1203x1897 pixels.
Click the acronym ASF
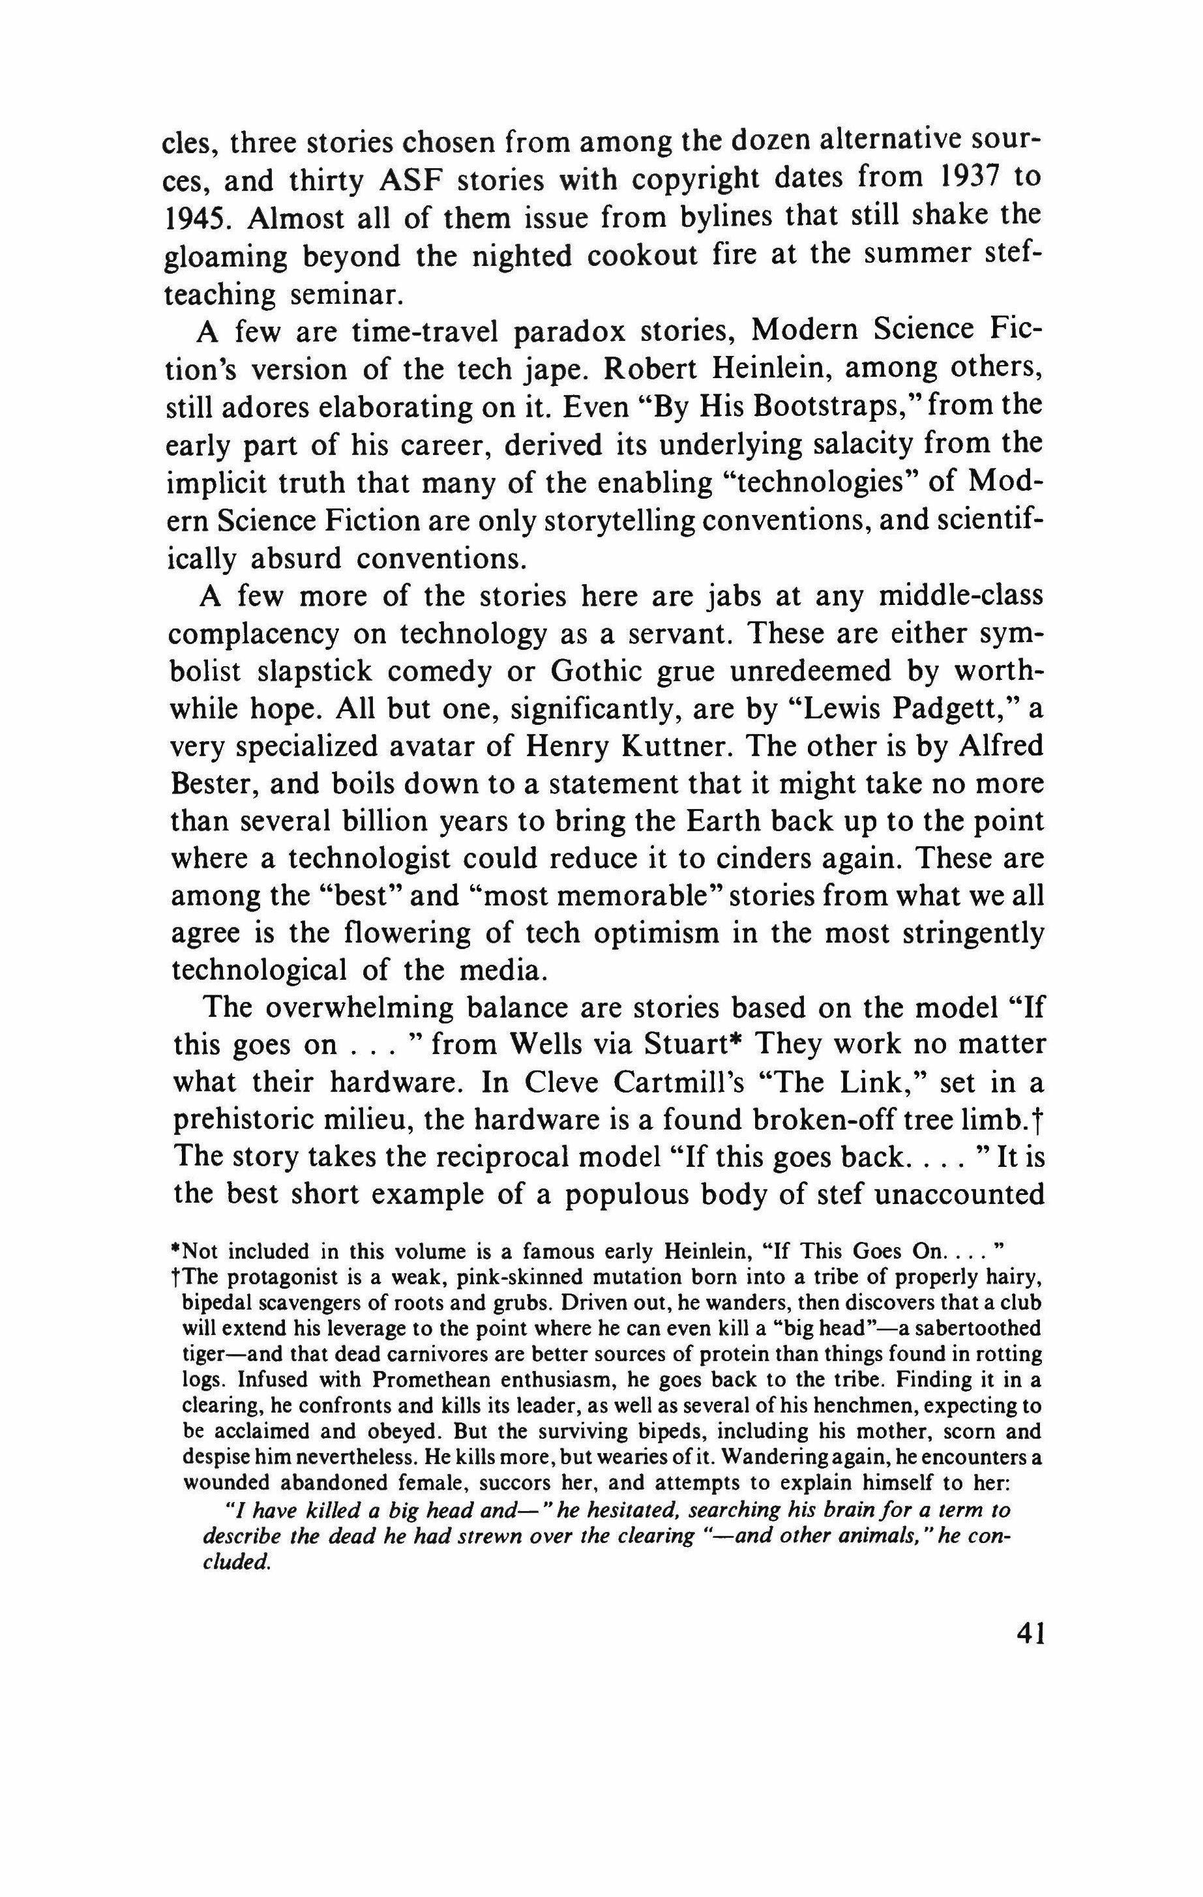tap(415, 181)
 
